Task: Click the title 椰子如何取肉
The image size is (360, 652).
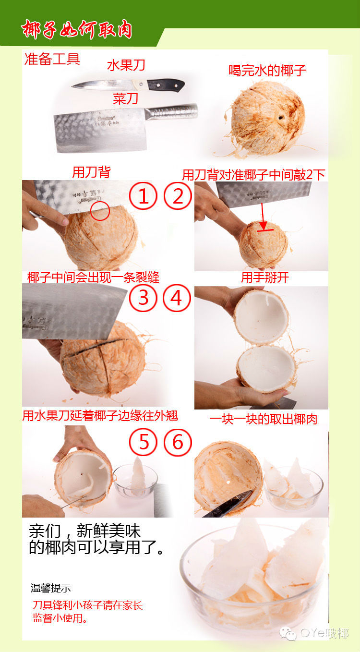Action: [x=76, y=29]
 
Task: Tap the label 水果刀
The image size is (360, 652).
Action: [x=126, y=65]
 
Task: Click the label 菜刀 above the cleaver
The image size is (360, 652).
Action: [x=125, y=99]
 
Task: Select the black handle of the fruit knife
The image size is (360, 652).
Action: [x=166, y=85]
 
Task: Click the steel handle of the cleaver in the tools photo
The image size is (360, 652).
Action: [x=172, y=112]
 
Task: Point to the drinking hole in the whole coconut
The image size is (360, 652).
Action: [x=281, y=118]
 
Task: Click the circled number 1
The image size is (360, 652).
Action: [x=143, y=195]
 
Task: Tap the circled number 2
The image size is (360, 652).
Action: [x=178, y=195]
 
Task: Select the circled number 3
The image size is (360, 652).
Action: [x=143, y=298]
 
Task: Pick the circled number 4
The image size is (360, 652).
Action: [x=177, y=298]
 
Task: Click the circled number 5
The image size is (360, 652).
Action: [x=143, y=442]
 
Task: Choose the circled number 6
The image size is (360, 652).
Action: [x=178, y=442]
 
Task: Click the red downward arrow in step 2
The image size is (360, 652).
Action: [x=263, y=216]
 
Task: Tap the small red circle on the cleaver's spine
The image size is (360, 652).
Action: [x=100, y=211]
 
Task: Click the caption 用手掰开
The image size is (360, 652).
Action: [x=265, y=278]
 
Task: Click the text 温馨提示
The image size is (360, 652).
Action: [x=51, y=588]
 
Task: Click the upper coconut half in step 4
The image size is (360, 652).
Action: [x=261, y=317]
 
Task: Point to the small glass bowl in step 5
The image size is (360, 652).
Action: [x=135, y=482]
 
